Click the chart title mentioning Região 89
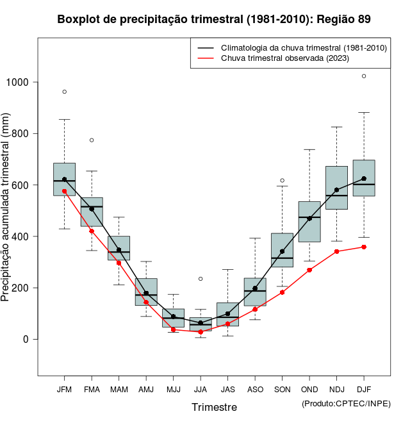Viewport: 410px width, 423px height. coord(214,19)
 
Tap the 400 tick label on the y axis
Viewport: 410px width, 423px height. coord(21,236)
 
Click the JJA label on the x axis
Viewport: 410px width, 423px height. coord(201,389)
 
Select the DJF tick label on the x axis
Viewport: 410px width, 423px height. coord(364,389)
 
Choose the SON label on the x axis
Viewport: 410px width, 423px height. coord(282,389)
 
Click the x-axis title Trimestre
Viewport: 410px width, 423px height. coord(214,407)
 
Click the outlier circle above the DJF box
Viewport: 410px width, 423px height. coord(364,76)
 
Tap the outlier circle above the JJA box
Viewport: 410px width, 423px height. coord(201,279)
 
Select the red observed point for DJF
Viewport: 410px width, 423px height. coord(364,247)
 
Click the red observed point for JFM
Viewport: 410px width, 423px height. coord(65,191)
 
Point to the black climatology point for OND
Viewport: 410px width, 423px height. coord(309,219)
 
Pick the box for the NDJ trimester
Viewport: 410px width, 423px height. coord(336,187)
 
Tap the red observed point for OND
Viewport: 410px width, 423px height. coord(309,270)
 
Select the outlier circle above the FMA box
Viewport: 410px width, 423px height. coord(92,140)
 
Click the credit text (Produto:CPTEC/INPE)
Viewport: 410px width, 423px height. coord(346,403)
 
